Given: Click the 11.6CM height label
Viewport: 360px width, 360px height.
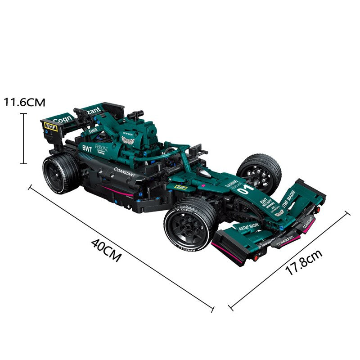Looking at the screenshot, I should [25, 102].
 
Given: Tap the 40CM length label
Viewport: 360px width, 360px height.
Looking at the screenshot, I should [106, 250].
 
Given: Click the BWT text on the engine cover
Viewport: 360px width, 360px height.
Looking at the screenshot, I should [87, 148].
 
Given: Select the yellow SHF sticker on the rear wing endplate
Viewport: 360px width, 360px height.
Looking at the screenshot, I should [51, 127].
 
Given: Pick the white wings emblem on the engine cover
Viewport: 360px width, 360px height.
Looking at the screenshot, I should [128, 140].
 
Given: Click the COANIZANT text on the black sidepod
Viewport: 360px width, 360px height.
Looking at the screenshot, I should [124, 172].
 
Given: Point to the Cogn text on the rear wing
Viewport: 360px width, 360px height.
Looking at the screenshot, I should [61, 119].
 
